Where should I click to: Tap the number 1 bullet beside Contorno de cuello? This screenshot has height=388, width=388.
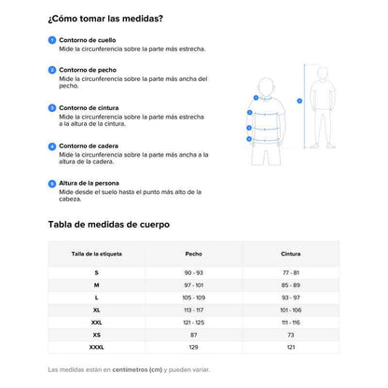pyautogui.click(x=51, y=41)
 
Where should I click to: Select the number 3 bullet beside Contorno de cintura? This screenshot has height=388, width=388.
pyautogui.click(x=51, y=108)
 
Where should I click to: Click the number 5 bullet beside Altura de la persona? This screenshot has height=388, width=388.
pyautogui.click(x=51, y=185)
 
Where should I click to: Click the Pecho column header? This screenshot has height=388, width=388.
pyautogui.click(x=193, y=254)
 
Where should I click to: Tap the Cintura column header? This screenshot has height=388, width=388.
pyautogui.click(x=290, y=254)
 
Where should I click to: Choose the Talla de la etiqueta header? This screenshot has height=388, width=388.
pyautogui.click(x=96, y=254)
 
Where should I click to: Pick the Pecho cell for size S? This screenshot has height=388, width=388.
pyautogui.click(x=193, y=271)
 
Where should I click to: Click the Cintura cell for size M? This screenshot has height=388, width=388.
pyautogui.click(x=290, y=284)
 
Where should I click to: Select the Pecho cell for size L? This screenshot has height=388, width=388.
pyautogui.click(x=193, y=297)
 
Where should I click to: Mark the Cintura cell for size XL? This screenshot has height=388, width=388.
pyautogui.click(x=290, y=309)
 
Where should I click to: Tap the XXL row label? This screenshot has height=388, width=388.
pyautogui.click(x=96, y=322)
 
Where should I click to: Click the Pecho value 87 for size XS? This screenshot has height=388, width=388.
pyautogui.click(x=193, y=334)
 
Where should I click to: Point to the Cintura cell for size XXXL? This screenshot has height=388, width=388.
pyautogui.click(x=290, y=347)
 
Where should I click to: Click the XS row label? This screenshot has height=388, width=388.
pyautogui.click(x=96, y=334)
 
